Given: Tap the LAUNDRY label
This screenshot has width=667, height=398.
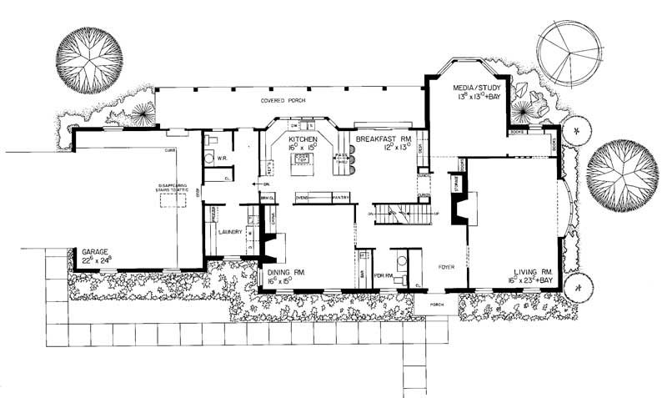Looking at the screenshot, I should point(230,232).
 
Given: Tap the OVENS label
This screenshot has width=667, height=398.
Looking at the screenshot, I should point(304,198).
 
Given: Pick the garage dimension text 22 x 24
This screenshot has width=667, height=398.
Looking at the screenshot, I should point(97,260).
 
